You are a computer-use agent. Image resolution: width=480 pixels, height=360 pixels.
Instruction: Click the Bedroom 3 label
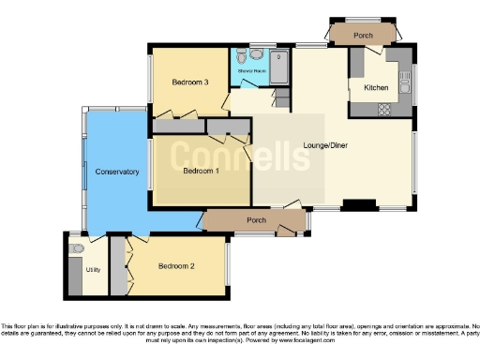tap(189, 82)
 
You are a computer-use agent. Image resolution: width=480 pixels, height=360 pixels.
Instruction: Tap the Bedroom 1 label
tap(202, 171)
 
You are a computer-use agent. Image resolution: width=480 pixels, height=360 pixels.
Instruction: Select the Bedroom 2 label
tap(176, 266)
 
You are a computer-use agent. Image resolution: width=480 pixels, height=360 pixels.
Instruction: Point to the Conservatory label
tap(117, 172)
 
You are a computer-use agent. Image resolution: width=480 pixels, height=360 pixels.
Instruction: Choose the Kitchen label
tap(364, 87)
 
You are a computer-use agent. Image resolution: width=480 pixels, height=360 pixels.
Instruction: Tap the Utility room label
tap(93, 269)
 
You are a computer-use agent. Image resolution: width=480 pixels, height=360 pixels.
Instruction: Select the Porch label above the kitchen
tap(363, 36)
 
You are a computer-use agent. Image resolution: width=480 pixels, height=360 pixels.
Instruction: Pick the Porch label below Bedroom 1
tap(253, 221)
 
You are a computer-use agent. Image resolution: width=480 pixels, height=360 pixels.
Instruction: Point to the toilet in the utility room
tap(77, 248)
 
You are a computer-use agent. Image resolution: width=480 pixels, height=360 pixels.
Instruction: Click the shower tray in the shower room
tap(279, 64)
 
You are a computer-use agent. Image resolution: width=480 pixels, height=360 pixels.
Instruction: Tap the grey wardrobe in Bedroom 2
tap(118, 266)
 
